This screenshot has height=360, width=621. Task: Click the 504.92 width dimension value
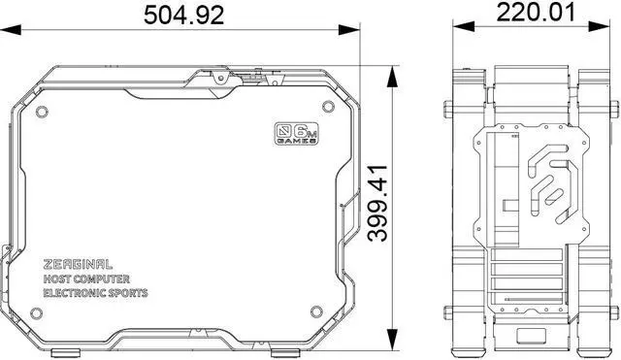183,15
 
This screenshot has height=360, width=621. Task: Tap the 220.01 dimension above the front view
536,14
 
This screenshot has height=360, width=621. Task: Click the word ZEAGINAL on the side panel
79,263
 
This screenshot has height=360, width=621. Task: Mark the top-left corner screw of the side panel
41,112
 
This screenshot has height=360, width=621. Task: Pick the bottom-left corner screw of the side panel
38,313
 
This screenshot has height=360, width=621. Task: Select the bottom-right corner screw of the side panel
314,312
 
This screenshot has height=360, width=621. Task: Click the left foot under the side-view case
64,350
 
